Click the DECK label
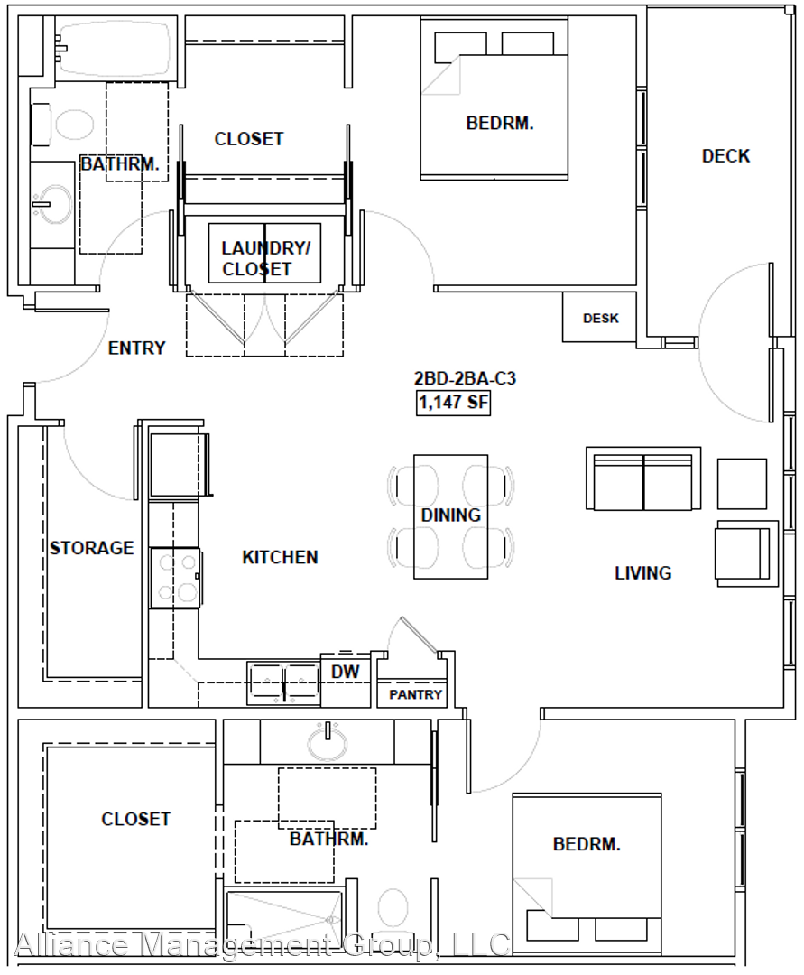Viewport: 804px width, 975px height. click(725, 155)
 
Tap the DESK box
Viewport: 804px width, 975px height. click(599, 317)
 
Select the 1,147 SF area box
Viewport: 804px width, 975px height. click(454, 403)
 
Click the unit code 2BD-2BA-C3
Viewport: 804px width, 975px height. click(466, 378)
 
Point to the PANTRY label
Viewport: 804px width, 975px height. click(415, 694)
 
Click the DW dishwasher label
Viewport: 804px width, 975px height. click(345, 672)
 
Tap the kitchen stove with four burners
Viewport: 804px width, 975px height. click(174, 578)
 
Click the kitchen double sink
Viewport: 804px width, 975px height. click(283, 683)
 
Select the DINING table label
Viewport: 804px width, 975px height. click(451, 515)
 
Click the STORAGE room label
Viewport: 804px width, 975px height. click(92, 548)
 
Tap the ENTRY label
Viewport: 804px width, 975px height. click(136, 348)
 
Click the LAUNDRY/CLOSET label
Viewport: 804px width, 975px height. click(265, 258)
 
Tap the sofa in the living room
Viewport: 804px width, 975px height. click(643, 478)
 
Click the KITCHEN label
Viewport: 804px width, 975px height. click(280, 557)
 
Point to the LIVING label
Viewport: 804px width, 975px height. click(643, 572)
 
